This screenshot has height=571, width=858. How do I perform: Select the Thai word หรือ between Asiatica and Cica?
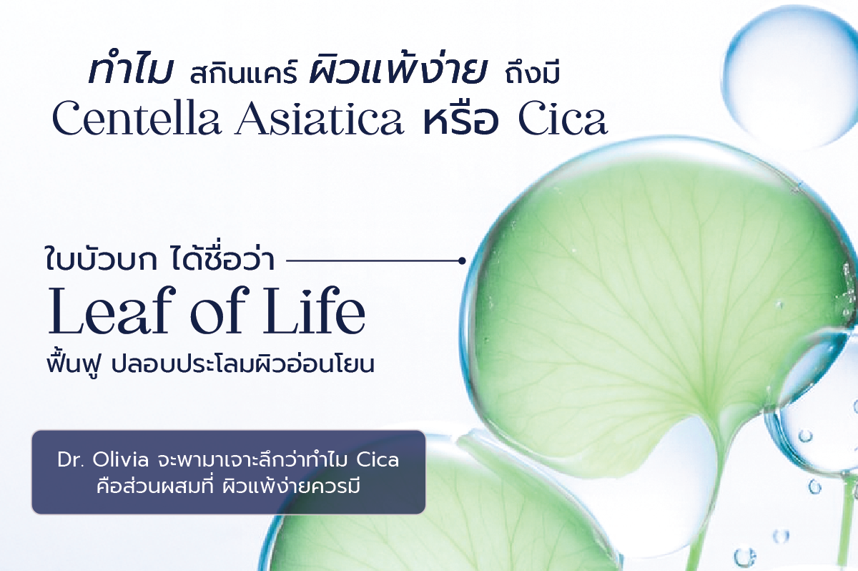(x=460, y=119)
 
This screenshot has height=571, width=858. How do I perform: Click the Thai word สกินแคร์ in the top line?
(x=244, y=73)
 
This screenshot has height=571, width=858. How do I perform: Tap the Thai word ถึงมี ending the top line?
(x=533, y=73)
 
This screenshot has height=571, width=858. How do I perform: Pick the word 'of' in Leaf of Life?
(x=217, y=311)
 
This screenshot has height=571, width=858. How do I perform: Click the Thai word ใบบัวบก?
(x=102, y=260)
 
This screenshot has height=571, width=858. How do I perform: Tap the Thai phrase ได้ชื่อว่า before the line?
(x=222, y=258)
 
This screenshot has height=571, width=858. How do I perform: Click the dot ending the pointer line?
(x=463, y=261)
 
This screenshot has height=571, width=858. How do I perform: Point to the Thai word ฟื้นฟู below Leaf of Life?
(x=74, y=363)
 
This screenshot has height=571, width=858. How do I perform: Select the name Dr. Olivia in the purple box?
(x=103, y=460)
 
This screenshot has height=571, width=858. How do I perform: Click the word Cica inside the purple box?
(x=378, y=460)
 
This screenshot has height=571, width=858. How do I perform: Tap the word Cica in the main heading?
(x=563, y=118)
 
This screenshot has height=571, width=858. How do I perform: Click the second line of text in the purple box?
(x=229, y=487)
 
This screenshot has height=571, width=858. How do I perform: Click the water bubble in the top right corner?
(x=789, y=77)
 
